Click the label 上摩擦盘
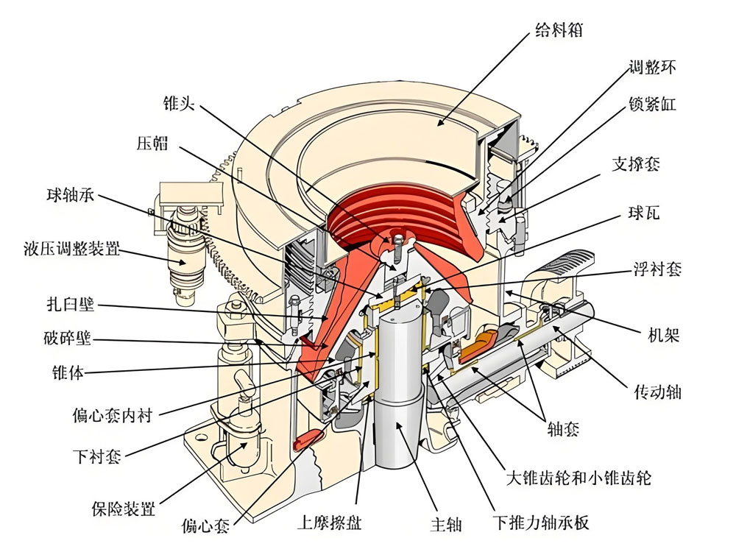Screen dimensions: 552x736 click(329, 523)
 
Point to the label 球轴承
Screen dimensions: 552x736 click(69, 197)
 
